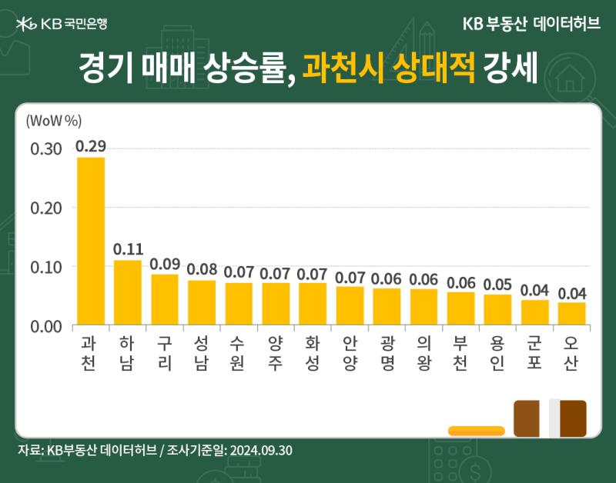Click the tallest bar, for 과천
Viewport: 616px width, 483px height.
(91, 241)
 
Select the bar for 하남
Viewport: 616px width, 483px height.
(128, 292)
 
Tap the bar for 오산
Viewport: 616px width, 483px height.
(572, 314)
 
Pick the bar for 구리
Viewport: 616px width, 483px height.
(165, 299)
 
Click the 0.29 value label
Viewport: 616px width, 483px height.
(91, 146)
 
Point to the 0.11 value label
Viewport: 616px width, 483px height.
(128, 249)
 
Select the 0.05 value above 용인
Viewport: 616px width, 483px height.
(497, 285)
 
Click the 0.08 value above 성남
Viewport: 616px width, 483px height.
(202, 269)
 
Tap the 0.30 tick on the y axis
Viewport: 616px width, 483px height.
(46, 149)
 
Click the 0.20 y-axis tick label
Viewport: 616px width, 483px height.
(46, 208)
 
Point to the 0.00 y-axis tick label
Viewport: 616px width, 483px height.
(46, 326)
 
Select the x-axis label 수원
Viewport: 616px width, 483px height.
(238, 353)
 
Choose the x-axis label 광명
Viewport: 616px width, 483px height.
(387, 353)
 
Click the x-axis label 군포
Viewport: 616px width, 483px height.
(534, 353)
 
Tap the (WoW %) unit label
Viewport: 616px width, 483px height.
(54, 121)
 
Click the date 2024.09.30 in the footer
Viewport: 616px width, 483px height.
(261, 450)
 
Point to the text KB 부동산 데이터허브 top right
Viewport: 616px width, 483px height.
(531, 24)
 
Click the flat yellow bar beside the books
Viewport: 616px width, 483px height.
(476, 431)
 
